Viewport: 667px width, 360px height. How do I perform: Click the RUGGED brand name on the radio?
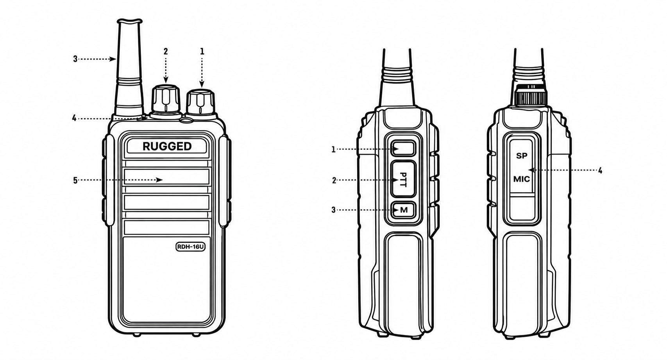(x=167, y=146)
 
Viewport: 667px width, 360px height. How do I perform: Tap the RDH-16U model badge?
(x=190, y=247)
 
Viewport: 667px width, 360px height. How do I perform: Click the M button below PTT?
(x=404, y=210)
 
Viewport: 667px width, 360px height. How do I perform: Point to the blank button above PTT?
(x=404, y=149)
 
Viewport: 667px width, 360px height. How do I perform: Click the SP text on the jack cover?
(x=522, y=156)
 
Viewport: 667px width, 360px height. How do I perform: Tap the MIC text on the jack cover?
(x=522, y=179)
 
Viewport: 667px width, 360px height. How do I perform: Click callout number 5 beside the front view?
(x=75, y=180)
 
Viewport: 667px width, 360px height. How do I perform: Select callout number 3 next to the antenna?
(x=75, y=59)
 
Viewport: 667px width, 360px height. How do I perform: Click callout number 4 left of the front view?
(x=75, y=118)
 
